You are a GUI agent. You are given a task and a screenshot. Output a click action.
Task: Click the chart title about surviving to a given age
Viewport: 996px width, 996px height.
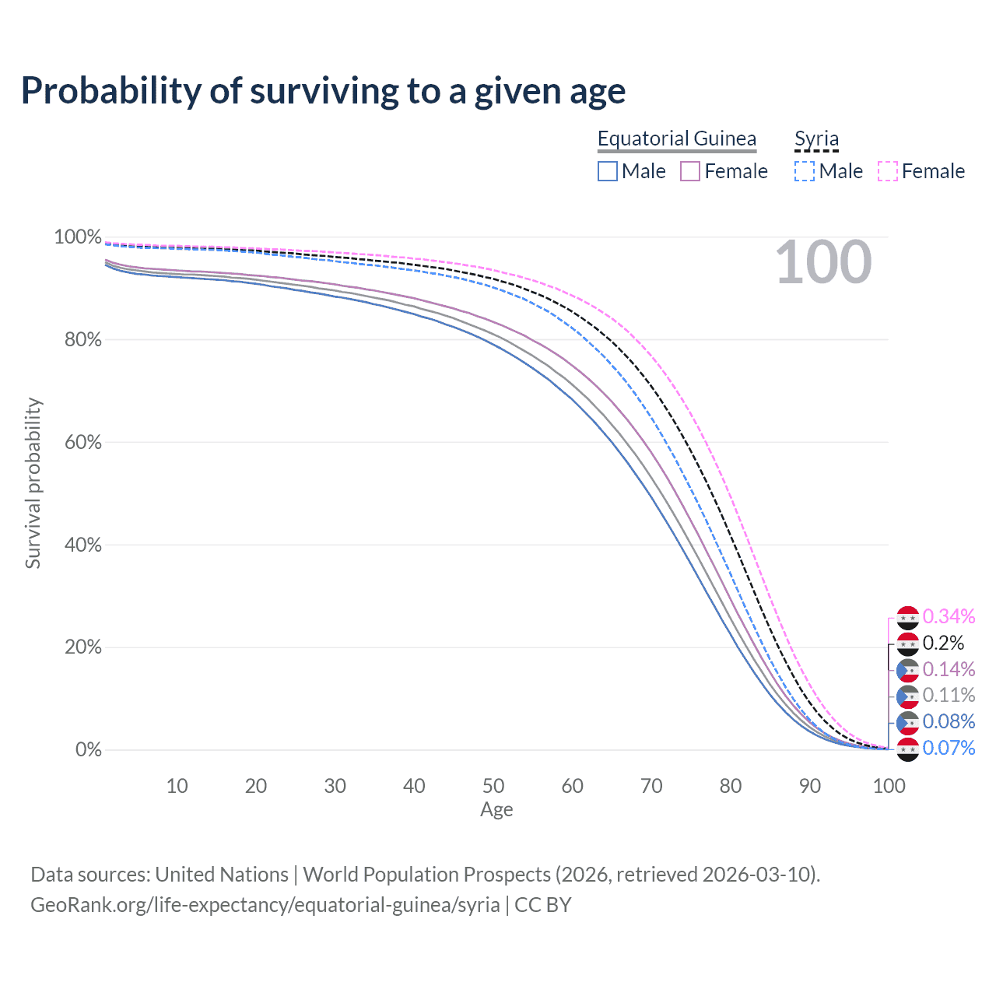323,91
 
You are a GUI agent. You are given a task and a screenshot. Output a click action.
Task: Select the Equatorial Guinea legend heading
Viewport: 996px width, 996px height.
676,139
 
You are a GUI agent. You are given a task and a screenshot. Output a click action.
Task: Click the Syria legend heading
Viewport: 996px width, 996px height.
816,139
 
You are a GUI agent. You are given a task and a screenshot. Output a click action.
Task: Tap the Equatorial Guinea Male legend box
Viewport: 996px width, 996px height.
608,171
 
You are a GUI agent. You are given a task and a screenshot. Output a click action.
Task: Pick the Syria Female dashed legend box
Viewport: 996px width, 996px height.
888,171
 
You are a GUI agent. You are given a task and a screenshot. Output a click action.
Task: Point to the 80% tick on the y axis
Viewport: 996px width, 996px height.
77,340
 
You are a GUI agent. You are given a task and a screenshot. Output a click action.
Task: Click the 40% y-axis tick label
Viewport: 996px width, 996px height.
77,545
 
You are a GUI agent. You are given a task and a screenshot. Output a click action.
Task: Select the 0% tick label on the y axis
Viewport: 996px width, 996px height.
88,750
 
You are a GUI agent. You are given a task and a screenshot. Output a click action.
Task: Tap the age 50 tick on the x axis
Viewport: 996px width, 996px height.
493,786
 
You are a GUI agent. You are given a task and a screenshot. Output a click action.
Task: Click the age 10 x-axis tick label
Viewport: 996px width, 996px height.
177,786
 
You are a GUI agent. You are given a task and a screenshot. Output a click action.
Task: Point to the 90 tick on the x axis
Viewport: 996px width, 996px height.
809,786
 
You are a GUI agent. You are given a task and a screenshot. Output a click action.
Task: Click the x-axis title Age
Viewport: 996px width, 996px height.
496,810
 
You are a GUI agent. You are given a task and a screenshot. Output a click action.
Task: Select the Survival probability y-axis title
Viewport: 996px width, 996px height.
33,483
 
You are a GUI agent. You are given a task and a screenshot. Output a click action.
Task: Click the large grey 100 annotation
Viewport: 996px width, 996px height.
823,262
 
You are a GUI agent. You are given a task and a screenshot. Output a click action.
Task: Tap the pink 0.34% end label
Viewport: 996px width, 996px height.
949,617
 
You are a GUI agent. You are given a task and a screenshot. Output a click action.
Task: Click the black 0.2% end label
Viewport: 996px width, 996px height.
943,644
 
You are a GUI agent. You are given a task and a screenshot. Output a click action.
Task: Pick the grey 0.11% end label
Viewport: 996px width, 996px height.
949,695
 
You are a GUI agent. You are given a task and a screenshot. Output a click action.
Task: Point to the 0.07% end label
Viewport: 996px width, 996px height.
949,748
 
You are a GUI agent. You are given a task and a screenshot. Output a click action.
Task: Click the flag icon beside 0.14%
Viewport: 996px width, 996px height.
907,670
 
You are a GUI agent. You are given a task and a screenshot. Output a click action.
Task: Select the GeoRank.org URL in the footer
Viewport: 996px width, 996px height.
265,905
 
